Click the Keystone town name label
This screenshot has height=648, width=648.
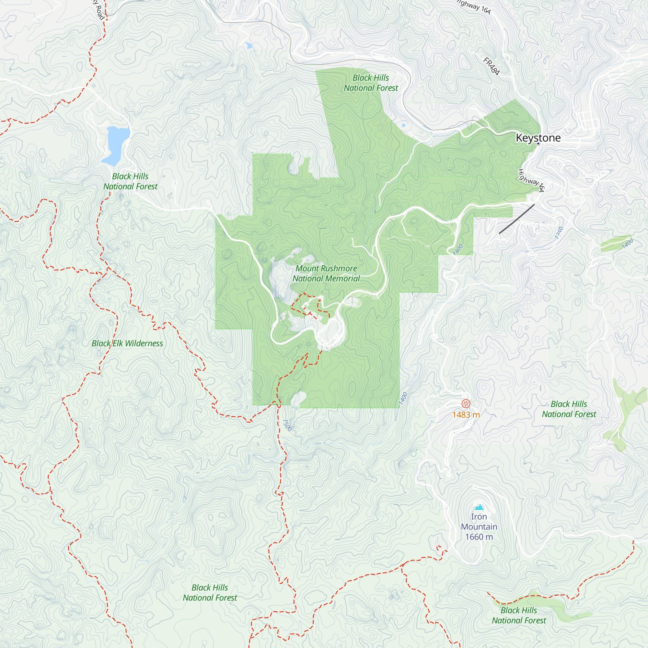tap(538, 137)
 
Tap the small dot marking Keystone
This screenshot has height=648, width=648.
tap(538, 144)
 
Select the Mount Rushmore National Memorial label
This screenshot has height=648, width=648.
tap(326, 273)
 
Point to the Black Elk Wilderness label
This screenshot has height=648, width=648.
tap(127, 343)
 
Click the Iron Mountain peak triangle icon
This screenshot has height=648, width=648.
tap(479, 507)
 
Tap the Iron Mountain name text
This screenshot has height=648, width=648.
tap(479, 522)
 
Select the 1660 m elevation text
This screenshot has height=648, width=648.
tap(479, 537)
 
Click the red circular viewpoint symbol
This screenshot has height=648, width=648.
tap(466, 403)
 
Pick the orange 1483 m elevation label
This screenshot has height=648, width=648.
tap(466, 415)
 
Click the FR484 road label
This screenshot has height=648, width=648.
tap(492, 66)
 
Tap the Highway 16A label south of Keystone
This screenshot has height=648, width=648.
tap(531, 180)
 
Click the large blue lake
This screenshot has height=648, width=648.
tap(116, 144)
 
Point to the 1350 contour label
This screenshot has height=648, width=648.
tap(559, 233)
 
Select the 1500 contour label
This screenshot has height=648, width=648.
tap(287, 425)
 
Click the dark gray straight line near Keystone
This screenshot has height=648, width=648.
tap(516, 219)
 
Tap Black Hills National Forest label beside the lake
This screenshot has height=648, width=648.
tap(130, 181)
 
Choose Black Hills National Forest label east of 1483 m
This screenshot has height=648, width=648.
tap(569, 409)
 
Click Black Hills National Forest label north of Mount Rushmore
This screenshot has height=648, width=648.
tap(371, 83)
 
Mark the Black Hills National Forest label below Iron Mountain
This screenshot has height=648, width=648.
tap(519, 616)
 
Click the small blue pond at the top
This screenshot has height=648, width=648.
tap(249, 45)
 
